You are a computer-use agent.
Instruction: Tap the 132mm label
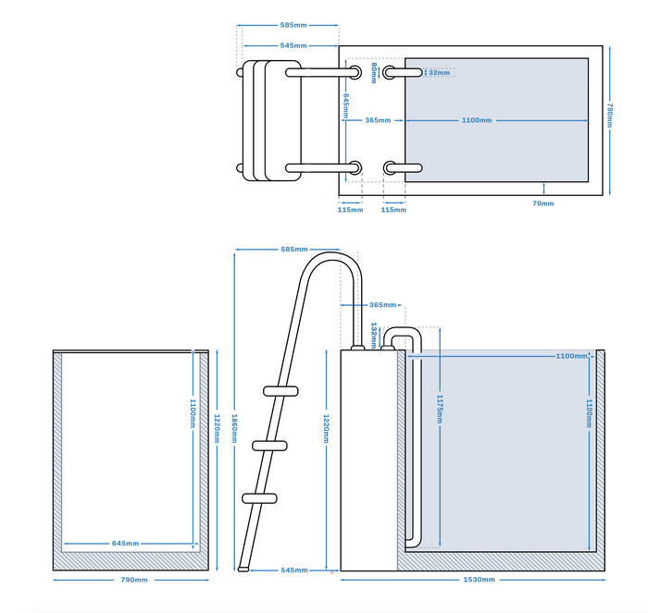[374, 330]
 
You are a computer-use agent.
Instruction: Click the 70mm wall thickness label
[543, 203]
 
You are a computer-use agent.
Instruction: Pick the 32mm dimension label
[439, 72]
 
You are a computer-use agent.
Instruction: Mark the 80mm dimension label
[374, 72]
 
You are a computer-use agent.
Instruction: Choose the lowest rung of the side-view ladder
[260, 498]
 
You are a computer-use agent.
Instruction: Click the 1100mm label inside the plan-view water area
[477, 120]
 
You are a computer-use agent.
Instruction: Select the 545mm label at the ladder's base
[294, 570]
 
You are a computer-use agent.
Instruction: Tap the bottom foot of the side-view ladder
[243, 564]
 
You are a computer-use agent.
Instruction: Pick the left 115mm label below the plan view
[350, 210]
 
